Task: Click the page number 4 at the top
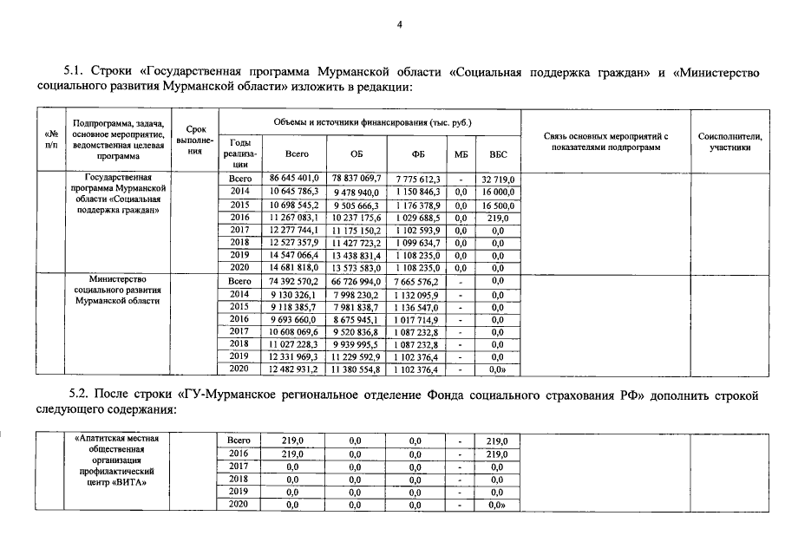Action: tap(400, 24)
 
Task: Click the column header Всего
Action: tap(297, 153)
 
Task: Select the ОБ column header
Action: tap(357, 153)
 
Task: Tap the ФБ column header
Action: tap(417, 153)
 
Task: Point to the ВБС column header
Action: tap(498, 153)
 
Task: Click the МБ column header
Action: tap(461, 153)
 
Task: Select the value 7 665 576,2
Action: tap(417, 282)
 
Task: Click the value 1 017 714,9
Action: tap(417, 319)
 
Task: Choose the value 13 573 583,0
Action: tap(357, 268)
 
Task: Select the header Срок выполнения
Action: tap(193, 140)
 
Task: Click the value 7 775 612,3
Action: tap(417, 179)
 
